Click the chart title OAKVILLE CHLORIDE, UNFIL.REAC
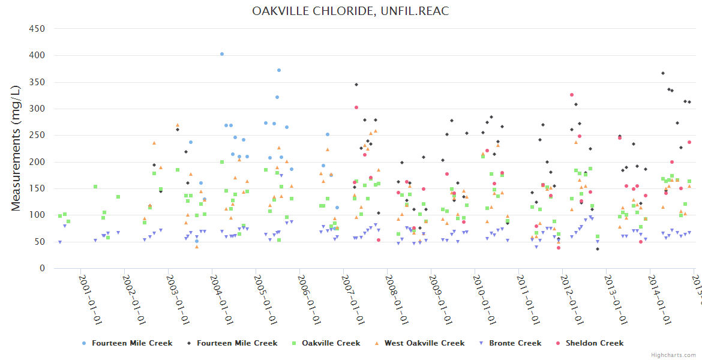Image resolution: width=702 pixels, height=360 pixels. tap(350, 11)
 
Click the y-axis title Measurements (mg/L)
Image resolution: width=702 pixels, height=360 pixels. tap(16, 148)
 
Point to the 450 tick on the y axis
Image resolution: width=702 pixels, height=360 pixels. tap(37, 28)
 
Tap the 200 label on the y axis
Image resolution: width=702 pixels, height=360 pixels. tap(37, 162)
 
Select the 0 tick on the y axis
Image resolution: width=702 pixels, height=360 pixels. tap(42, 269)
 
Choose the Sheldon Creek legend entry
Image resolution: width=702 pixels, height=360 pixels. tap(594, 343)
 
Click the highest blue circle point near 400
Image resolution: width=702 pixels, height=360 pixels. tap(222, 54)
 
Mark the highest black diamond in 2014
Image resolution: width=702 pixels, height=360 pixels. tap(663, 73)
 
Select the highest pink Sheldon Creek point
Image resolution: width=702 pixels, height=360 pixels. tap(572, 95)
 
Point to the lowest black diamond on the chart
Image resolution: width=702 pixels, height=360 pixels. tap(598, 249)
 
